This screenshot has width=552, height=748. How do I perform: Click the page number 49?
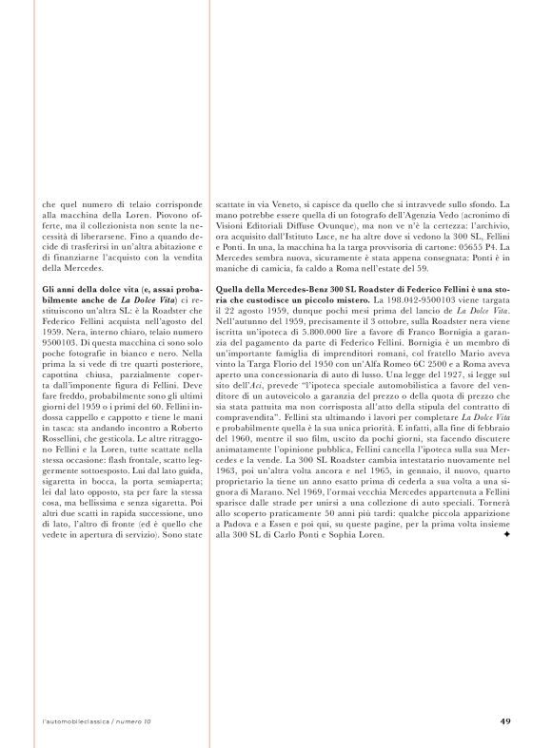[505, 720]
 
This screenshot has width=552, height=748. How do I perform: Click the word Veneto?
[274, 203]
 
